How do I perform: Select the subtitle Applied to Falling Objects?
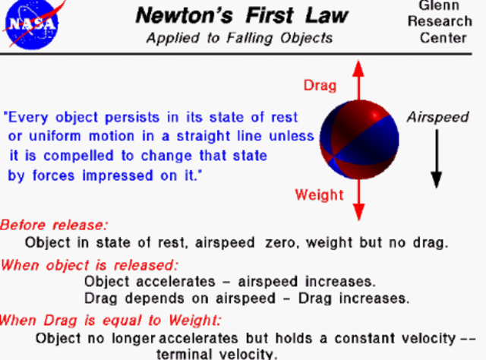[240, 38]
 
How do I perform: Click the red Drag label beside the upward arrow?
[320, 85]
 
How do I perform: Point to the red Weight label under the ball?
[320, 195]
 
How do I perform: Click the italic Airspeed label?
[437, 118]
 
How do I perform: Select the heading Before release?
[54, 225]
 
